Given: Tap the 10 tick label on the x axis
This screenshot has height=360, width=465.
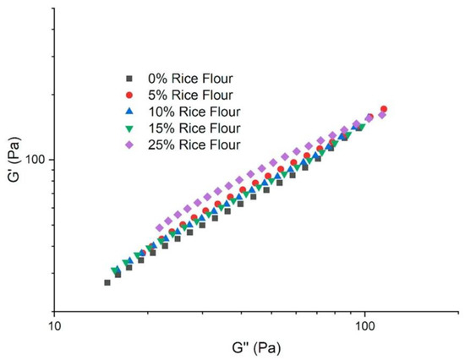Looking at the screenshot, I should [54, 323].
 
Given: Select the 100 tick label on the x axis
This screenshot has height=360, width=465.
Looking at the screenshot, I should [364, 323].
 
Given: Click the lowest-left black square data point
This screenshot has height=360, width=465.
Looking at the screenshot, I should [107, 282].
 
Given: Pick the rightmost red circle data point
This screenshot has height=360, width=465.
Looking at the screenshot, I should [384, 109].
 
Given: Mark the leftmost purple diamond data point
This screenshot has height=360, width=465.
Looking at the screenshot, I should [160, 228].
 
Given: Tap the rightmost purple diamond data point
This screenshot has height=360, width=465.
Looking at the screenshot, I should [381, 115].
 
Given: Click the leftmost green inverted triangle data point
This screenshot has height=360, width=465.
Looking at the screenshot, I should [115, 270].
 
